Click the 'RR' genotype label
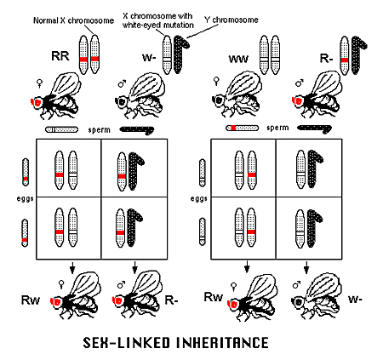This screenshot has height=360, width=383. (60, 56)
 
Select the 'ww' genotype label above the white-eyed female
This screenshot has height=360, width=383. (238, 59)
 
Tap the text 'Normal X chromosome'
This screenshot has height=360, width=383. (73, 20)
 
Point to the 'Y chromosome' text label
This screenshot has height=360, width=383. (232, 20)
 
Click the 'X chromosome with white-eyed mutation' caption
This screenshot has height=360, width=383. (158, 20)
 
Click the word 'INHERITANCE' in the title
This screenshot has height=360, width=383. (223, 342)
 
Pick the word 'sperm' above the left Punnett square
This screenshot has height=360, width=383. (99, 130)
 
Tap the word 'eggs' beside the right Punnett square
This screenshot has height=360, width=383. (199, 198)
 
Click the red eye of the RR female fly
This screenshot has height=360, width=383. (37, 102)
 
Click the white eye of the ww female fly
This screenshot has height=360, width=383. (219, 100)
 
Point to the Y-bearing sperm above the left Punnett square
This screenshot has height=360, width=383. (137, 130)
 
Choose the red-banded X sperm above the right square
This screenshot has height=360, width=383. (242, 128)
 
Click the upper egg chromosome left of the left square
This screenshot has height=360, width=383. (26, 172)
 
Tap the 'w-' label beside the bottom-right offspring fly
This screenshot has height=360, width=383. (355, 299)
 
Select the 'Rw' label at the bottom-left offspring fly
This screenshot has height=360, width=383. (31, 300)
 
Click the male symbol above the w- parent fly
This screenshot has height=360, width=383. (122, 83)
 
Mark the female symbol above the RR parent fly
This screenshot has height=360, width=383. (40, 83)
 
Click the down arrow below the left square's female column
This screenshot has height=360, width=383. (72, 268)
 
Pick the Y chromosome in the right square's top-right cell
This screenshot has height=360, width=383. (314, 169)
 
